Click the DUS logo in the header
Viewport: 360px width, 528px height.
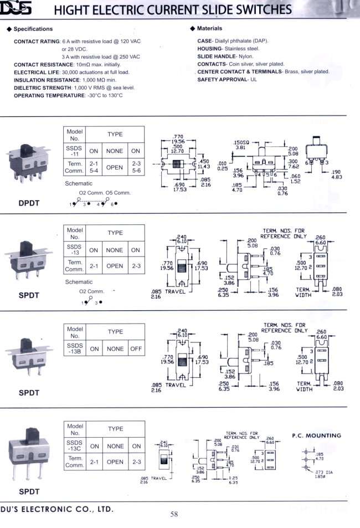[20, 10]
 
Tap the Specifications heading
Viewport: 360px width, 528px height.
[33, 29]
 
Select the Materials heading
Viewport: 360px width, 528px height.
[209, 28]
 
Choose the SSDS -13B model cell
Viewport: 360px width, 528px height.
[74, 348]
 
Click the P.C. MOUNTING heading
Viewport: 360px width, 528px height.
[316, 435]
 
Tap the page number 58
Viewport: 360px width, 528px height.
[174, 515]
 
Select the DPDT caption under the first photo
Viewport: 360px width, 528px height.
[28, 203]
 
